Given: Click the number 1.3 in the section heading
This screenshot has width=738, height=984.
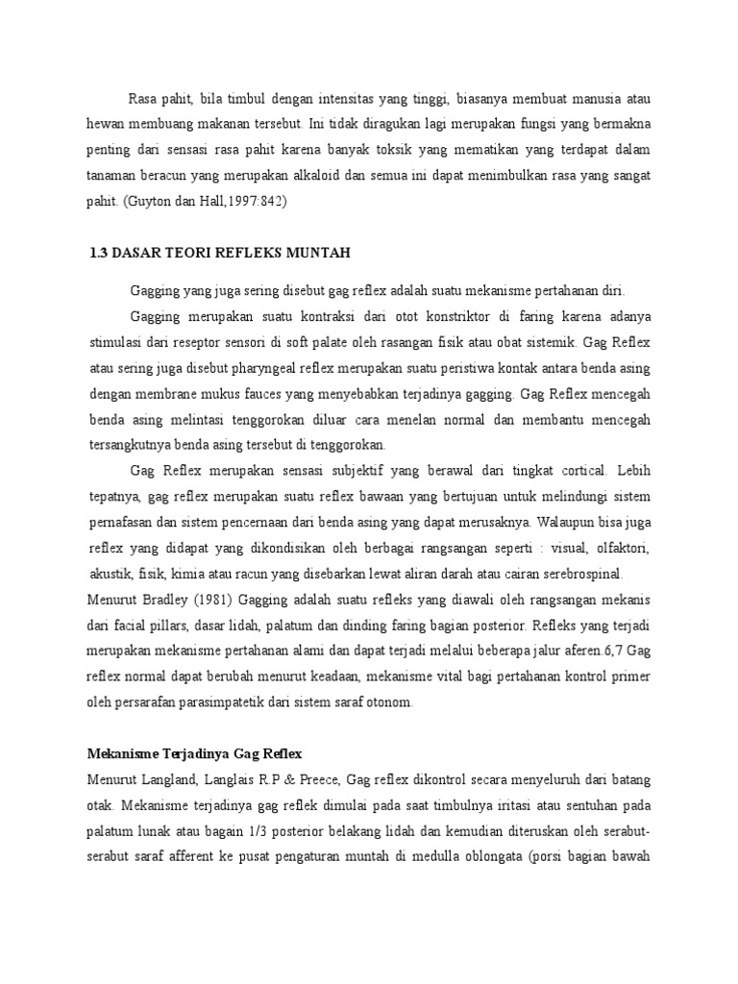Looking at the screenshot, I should tap(98, 254).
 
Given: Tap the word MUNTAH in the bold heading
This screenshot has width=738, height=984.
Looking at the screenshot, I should tap(325, 254).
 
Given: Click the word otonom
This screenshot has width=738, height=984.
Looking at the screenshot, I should tap(391, 702).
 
